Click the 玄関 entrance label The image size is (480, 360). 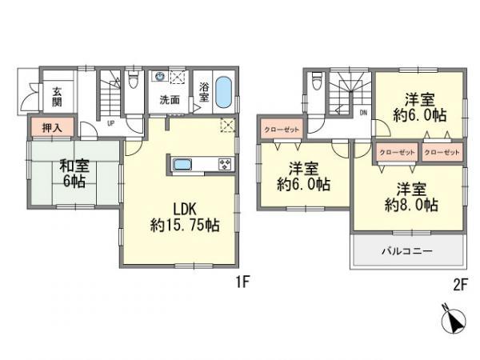tap(58, 96)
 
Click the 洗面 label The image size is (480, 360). tap(170, 101)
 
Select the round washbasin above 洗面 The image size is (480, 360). tap(159, 78)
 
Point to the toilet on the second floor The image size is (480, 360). tap(318, 80)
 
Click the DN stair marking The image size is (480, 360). tap(363, 113)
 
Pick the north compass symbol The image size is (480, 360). tap(453, 322)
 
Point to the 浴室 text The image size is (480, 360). tap(204, 92)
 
